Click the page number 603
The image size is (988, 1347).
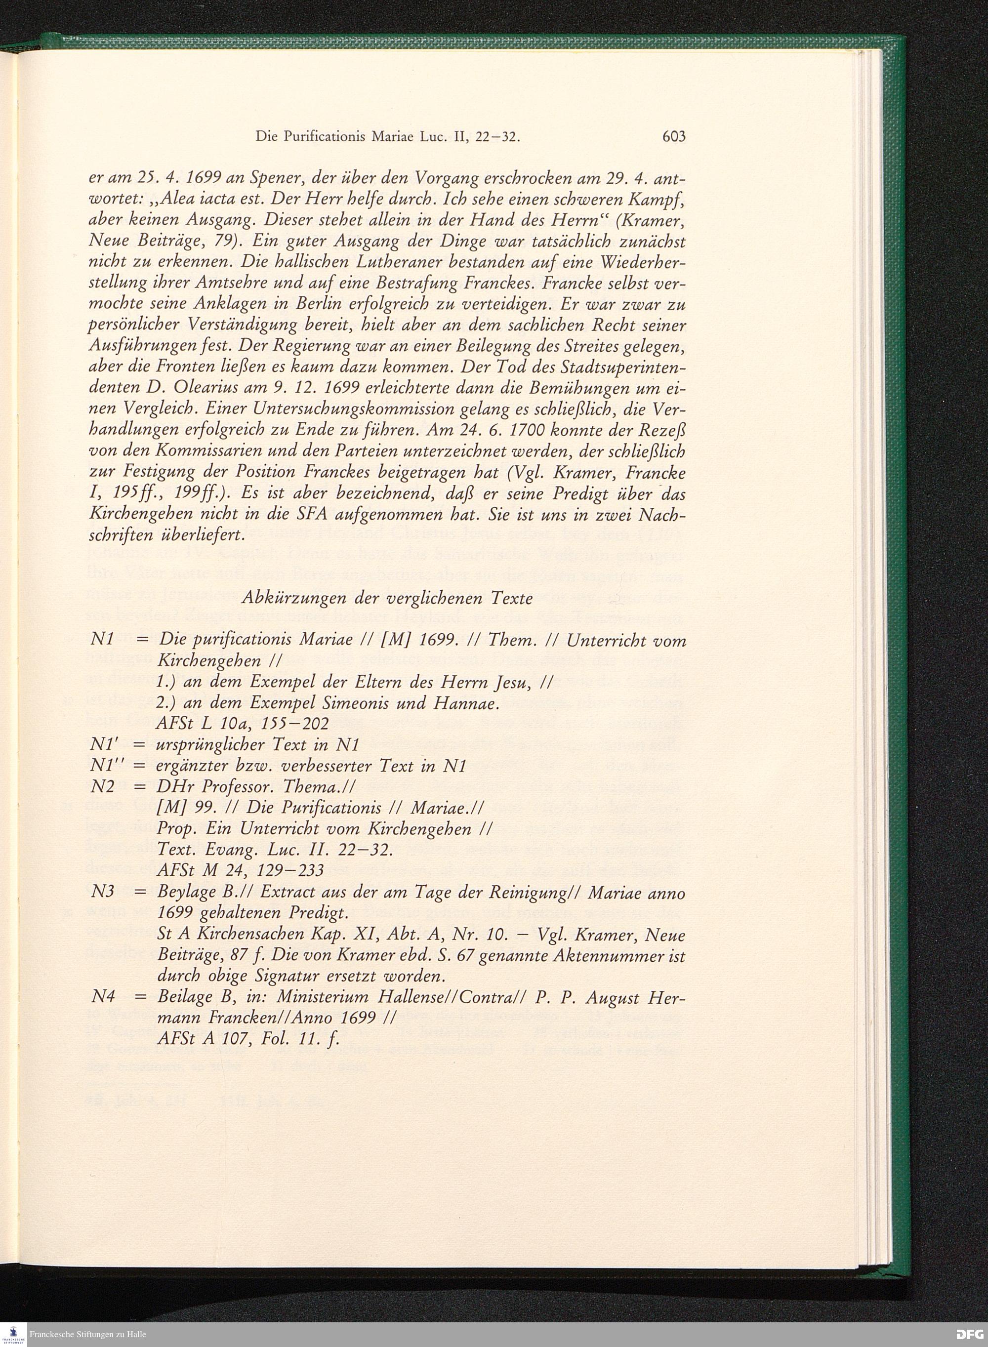673,136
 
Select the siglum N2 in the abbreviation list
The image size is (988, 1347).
102,787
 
